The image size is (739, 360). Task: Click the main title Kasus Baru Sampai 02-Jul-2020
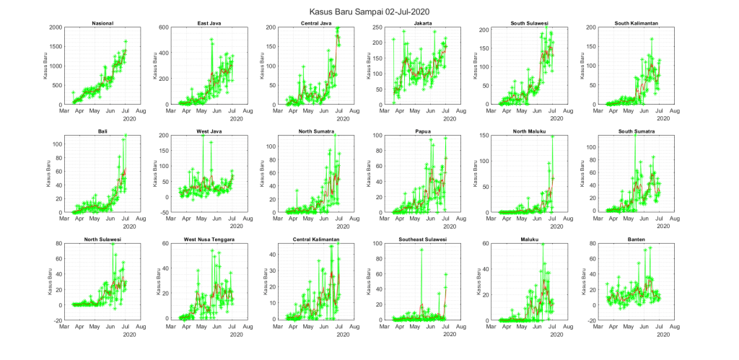[x=369, y=12]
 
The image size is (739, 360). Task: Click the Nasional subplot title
[x=102, y=24]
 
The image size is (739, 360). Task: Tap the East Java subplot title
[x=209, y=24]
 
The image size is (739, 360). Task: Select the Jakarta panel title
[x=420, y=24]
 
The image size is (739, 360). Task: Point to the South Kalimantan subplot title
[x=631, y=24]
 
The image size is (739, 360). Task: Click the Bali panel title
[x=102, y=131]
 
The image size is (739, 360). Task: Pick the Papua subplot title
[x=420, y=131]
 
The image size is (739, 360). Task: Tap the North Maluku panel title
[x=526, y=131]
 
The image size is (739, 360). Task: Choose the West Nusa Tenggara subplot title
[x=209, y=240]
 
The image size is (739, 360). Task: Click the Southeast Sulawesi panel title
[x=420, y=240]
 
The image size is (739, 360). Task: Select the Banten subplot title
[x=631, y=240]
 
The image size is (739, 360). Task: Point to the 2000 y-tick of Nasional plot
[x=55, y=27]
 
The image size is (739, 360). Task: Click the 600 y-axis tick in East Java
[x=162, y=27]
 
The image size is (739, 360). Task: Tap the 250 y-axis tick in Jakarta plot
[x=375, y=27]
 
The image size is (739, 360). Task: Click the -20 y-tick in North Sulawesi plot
[x=56, y=320]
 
